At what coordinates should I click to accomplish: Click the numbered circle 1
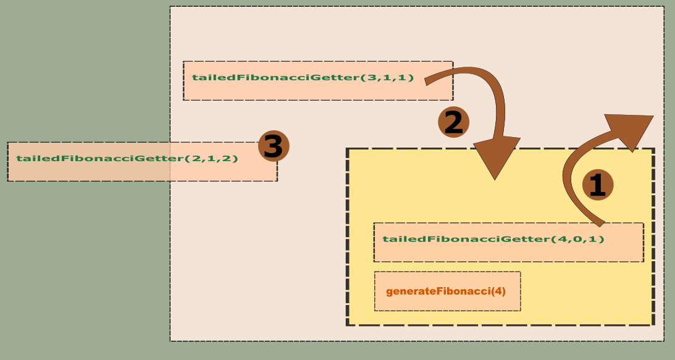pos(597,185)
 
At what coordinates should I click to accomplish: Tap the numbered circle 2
pos(453,122)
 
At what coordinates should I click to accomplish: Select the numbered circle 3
pos(273,146)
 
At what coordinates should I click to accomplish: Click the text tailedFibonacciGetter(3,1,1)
pos(303,78)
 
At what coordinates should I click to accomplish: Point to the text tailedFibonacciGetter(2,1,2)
pos(127,159)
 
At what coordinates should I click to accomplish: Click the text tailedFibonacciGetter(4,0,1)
pos(493,239)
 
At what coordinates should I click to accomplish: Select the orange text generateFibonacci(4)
pos(446,291)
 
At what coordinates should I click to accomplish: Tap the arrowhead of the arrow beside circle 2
pos(496,159)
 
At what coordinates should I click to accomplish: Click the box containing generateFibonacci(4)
pos(448,291)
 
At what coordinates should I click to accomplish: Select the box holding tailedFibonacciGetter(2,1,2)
pos(142,162)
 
